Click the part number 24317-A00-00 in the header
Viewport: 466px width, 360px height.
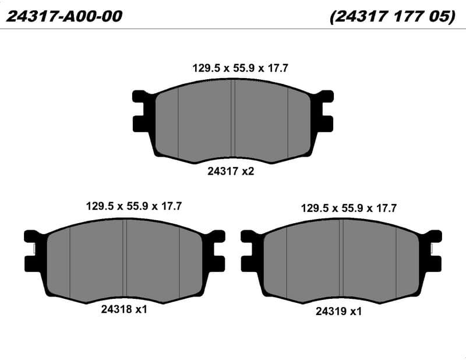click(64, 16)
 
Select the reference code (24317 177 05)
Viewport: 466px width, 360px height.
click(392, 16)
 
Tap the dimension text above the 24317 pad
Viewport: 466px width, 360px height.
click(240, 68)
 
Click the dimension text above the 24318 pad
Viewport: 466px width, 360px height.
click(134, 206)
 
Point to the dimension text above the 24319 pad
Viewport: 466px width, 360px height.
click(348, 208)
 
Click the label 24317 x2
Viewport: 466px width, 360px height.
click(231, 171)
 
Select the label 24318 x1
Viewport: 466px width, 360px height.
click(124, 309)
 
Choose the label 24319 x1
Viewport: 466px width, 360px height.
click(338, 311)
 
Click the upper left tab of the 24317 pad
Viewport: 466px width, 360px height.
click(140, 96)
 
